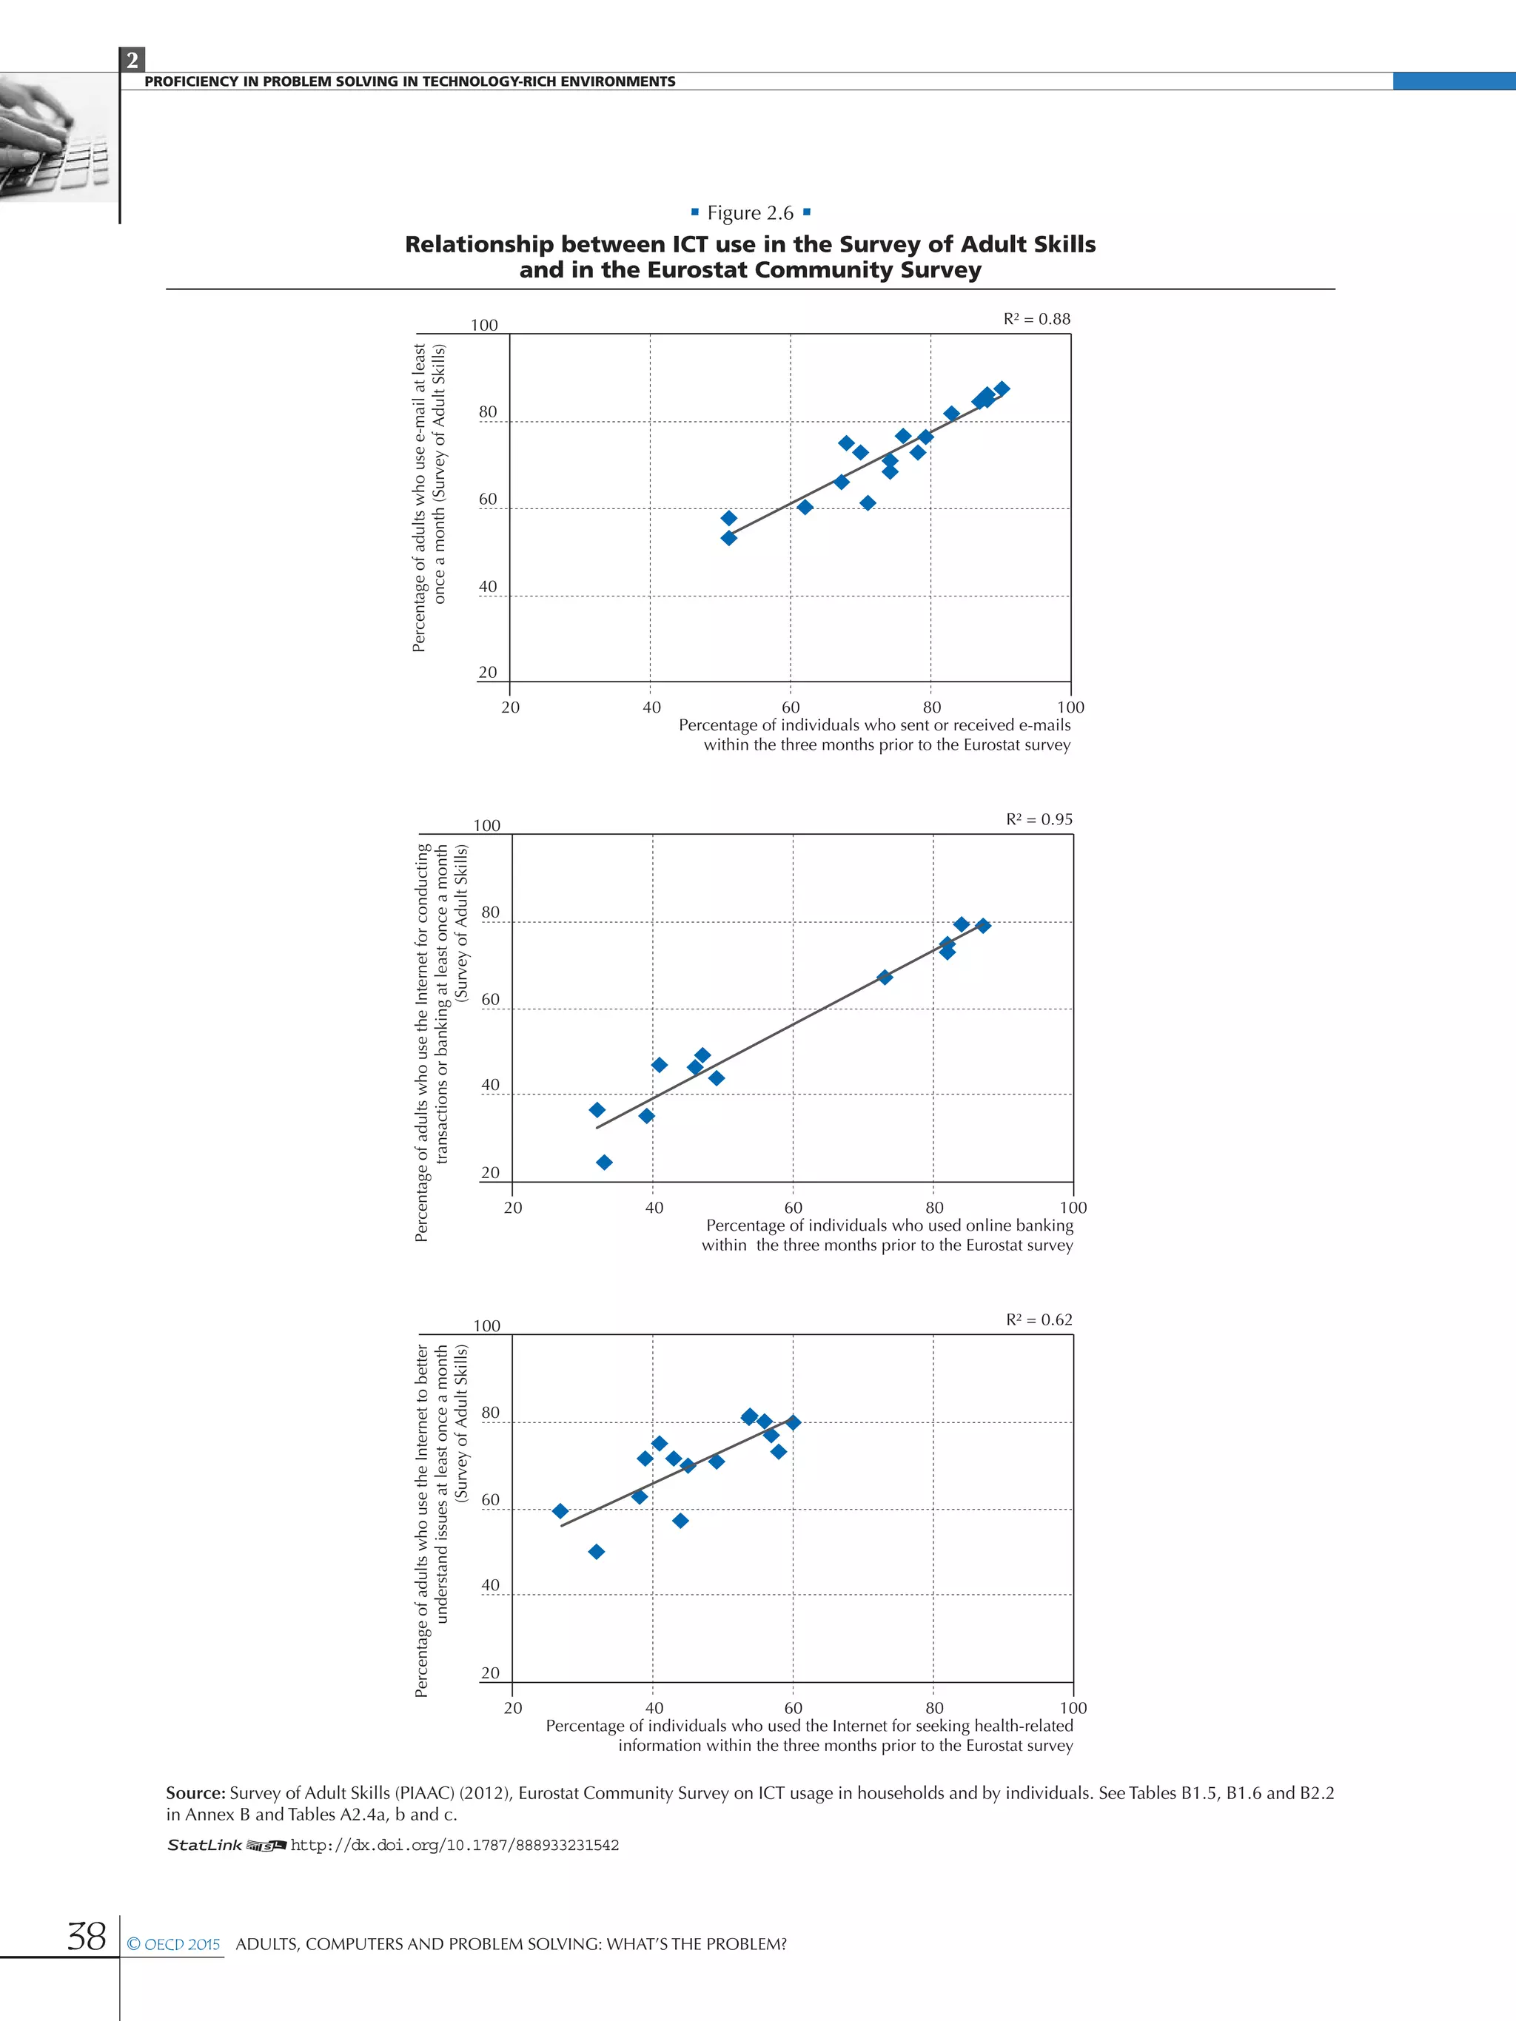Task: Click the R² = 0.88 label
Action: [x=1036, y=319]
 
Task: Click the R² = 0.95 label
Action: [x=1039, y=819]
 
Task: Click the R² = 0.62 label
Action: [x=1039, y=1319]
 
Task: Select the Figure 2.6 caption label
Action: [x=751, y=213]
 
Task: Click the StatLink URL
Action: [x=455, y=1845]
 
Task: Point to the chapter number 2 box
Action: [x=133, y=60]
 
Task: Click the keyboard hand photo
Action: [x=55, y=138]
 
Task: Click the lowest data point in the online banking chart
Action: [x=604, y=1162]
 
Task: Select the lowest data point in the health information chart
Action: [x=597, y=1551]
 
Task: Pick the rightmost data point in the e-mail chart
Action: [x=1002, y=389]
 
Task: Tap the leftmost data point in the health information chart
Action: [x=560, y=1511]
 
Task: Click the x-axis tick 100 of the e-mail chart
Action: [x=1070, y=707]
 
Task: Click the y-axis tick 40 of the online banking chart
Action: [x=491, y=1086]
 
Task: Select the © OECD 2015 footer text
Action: [x=174, y=1944]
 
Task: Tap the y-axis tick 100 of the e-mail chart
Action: [x=484, y=326]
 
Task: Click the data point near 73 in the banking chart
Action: [x=885, y=977]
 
